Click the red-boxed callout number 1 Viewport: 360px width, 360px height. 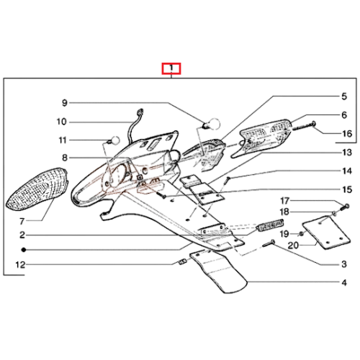171,68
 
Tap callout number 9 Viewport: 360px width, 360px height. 65,103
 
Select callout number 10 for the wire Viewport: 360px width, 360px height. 61,122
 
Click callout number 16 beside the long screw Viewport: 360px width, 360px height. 347,133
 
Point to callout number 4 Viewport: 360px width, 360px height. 344,283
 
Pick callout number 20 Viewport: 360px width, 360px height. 293,246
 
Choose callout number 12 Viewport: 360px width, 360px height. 20,265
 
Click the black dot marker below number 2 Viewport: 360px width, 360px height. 24,250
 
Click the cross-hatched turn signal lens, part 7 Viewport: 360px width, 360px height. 37,189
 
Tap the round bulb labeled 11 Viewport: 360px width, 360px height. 114,140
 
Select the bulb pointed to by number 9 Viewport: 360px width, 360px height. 212,124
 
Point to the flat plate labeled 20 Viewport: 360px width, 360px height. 326,233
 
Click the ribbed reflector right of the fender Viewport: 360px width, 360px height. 270,225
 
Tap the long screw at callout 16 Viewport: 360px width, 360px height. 304,127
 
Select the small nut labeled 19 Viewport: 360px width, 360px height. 302,233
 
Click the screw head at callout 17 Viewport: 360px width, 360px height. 347,206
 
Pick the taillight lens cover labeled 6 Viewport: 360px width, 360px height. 261,138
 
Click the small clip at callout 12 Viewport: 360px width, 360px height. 183,261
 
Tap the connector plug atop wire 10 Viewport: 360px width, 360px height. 140,112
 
